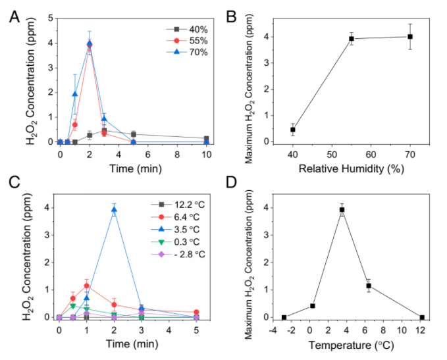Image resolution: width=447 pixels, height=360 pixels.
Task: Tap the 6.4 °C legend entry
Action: tap(165, 219)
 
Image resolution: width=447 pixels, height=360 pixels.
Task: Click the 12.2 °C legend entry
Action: tap(165, 207)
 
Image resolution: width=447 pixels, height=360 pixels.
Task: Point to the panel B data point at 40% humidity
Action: tap(292, 130)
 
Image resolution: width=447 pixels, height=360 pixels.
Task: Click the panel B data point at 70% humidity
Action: tap(409, 37)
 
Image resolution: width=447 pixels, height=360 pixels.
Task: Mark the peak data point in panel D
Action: tap(342, 210)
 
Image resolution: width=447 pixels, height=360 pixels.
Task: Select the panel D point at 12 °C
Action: tap(422, 317)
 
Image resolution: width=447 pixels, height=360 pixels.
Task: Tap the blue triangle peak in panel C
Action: tap(114, 210)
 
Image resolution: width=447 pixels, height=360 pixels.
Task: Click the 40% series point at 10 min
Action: tap(207, 139)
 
